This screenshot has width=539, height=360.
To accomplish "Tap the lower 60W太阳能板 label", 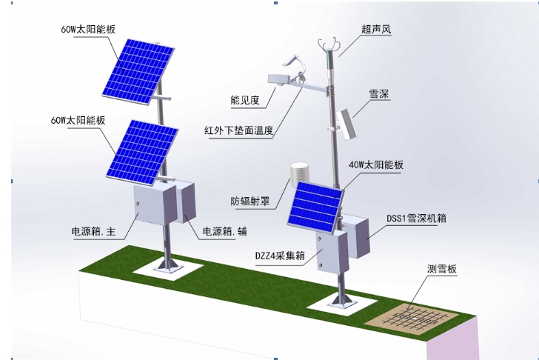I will (x=78, y=119).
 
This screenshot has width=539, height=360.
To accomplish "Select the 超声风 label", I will (x=375, y=30).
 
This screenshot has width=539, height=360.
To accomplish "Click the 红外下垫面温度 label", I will (x=239, y=131).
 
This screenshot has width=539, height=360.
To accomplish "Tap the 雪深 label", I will (x=379, y=95).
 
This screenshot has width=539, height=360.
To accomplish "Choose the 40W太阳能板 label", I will (x=376, y=165).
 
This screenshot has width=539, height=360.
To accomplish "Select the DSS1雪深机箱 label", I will (x=416, y=219).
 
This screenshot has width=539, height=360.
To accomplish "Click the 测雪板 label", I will (x=442, y=270).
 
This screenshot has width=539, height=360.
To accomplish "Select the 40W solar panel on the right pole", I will (x=315, y=199).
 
